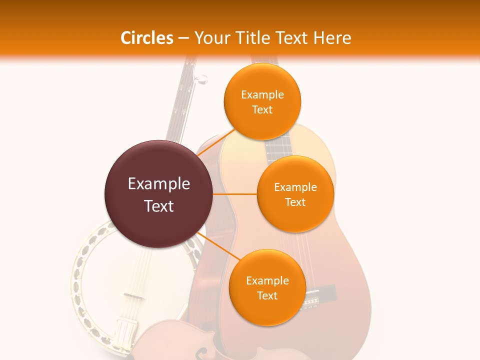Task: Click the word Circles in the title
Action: coord(146,38)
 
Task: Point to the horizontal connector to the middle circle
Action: coord(234,194)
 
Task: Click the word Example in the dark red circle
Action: coord(158,184)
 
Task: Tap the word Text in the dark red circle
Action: coord(158,206)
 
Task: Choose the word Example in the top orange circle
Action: coord(262,95)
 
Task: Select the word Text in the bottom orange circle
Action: coord(267,295)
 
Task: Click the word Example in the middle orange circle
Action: coord(295,187)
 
